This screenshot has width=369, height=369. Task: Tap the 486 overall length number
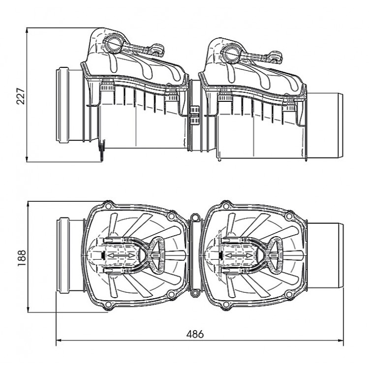[195, 333]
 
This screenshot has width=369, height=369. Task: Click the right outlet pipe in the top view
[325, 256]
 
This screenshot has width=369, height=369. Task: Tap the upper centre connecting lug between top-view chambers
[195, 216]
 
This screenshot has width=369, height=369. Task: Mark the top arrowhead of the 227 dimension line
[28, 30]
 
